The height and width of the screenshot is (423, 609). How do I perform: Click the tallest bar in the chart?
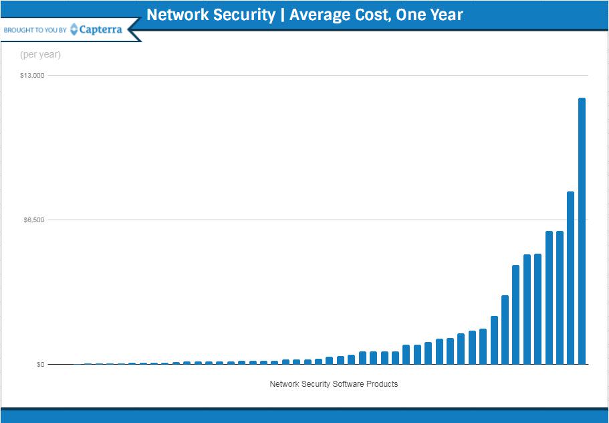582,231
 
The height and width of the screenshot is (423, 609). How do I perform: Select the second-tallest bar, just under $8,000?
570,278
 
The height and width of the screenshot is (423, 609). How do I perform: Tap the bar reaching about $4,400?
515,315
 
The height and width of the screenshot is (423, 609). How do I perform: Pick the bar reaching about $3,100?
505,329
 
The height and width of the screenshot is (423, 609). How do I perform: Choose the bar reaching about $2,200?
494,340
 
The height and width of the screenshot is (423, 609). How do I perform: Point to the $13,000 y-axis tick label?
32,76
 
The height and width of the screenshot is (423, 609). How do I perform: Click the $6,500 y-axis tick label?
33,220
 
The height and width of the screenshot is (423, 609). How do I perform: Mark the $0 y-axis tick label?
40,365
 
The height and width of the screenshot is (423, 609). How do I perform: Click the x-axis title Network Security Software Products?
334,384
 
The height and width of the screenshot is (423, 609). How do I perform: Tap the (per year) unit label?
40,55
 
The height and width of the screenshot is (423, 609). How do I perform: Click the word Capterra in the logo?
100,29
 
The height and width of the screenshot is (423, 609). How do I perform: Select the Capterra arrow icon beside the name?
74,29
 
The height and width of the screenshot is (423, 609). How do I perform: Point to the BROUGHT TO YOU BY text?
35,30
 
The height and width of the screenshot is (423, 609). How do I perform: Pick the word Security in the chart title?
242,15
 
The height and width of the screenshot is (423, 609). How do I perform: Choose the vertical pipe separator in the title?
282,15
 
